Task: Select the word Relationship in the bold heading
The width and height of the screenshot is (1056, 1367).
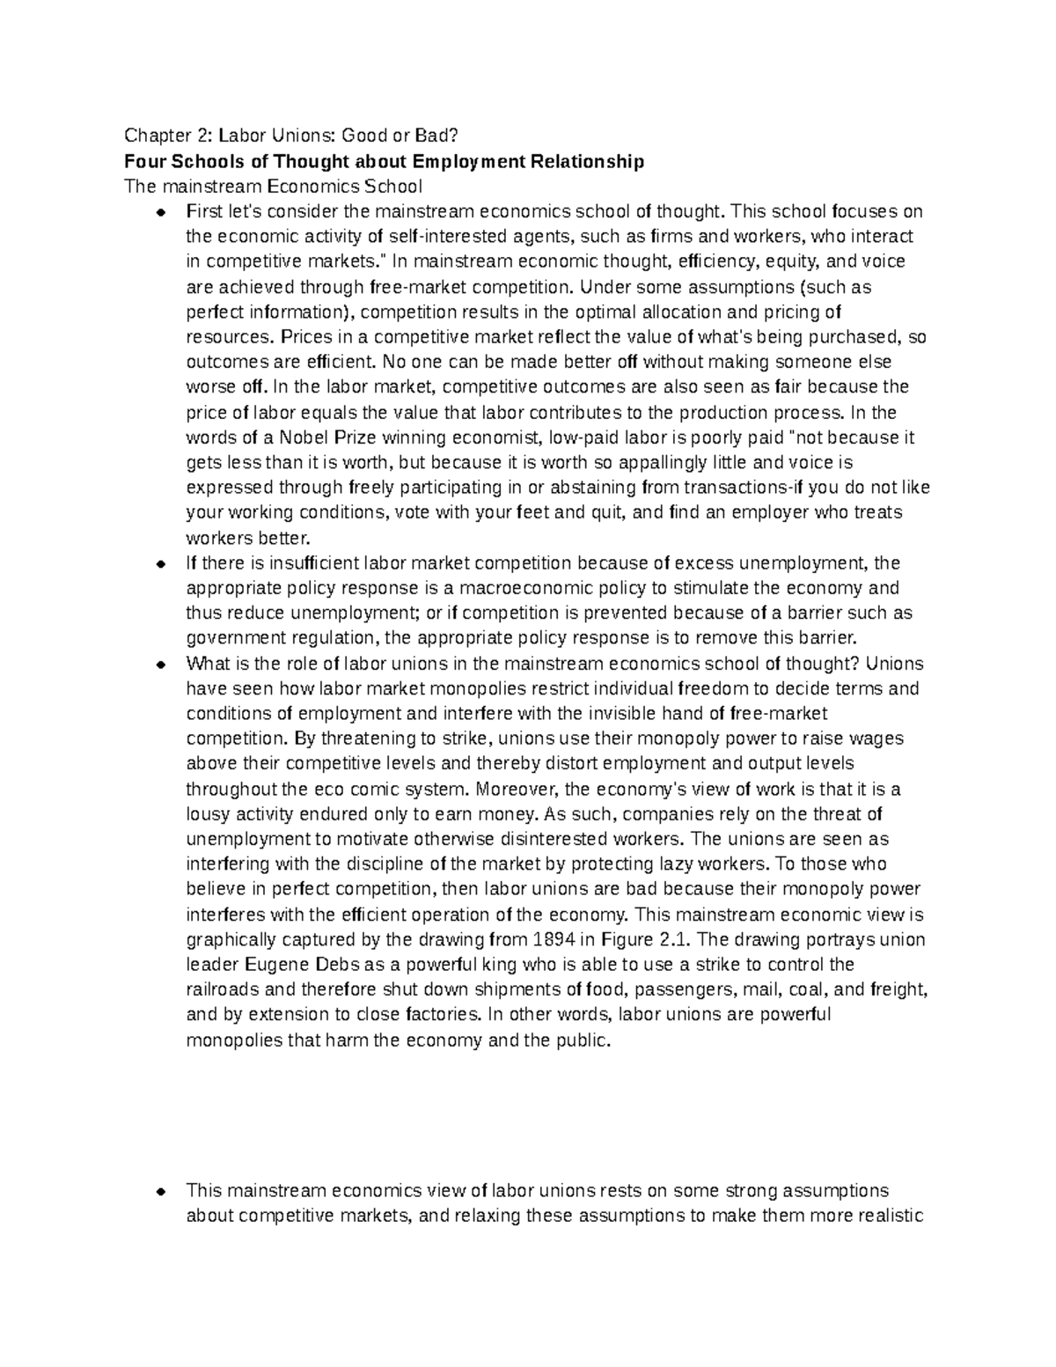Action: point(585,161)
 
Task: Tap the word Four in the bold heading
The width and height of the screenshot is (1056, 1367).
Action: point(143,161)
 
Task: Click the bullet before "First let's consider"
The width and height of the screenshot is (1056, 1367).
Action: point(160,212)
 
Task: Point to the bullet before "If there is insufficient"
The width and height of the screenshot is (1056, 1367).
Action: point(160,563)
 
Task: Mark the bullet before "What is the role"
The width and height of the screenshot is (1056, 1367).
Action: point(160,665)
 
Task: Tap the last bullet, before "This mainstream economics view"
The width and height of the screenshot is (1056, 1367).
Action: point(160,1192)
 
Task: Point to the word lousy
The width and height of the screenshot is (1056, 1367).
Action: point(209,814)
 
